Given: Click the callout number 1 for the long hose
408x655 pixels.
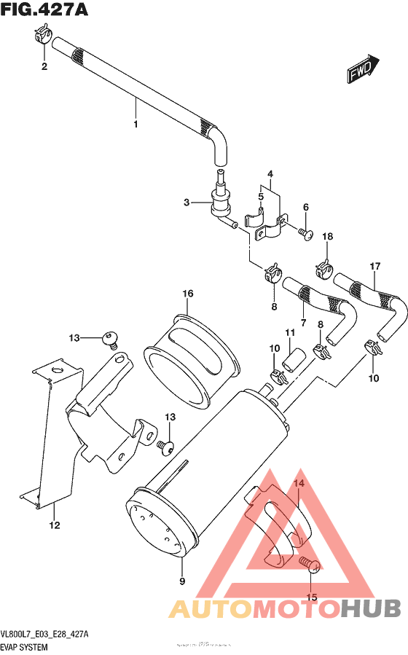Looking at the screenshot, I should pyautogui.click(x=136, y=124).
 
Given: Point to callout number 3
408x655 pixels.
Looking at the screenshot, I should pyautogui.click(x=187, y=203).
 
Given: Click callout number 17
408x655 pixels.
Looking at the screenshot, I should pyautogui.click(x=376, y=266).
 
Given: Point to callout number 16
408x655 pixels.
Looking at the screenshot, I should pyautogui.click(x=187, y=293).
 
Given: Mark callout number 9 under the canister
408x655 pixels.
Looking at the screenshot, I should pyautogui.click(x=181, y=581).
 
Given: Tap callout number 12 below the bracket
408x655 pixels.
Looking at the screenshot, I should pyautogui.click(x=54, y=525).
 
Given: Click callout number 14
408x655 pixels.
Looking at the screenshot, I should pyautogui.click(x=299, y=484).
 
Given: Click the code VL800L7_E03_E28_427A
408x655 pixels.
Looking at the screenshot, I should pyautogui.click(x=45, y=635).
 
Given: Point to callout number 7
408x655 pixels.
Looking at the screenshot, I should pyautogui.click(x=302, y=322).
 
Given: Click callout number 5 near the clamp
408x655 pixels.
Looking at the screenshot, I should pyautogui.click(x=260, y=197).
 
